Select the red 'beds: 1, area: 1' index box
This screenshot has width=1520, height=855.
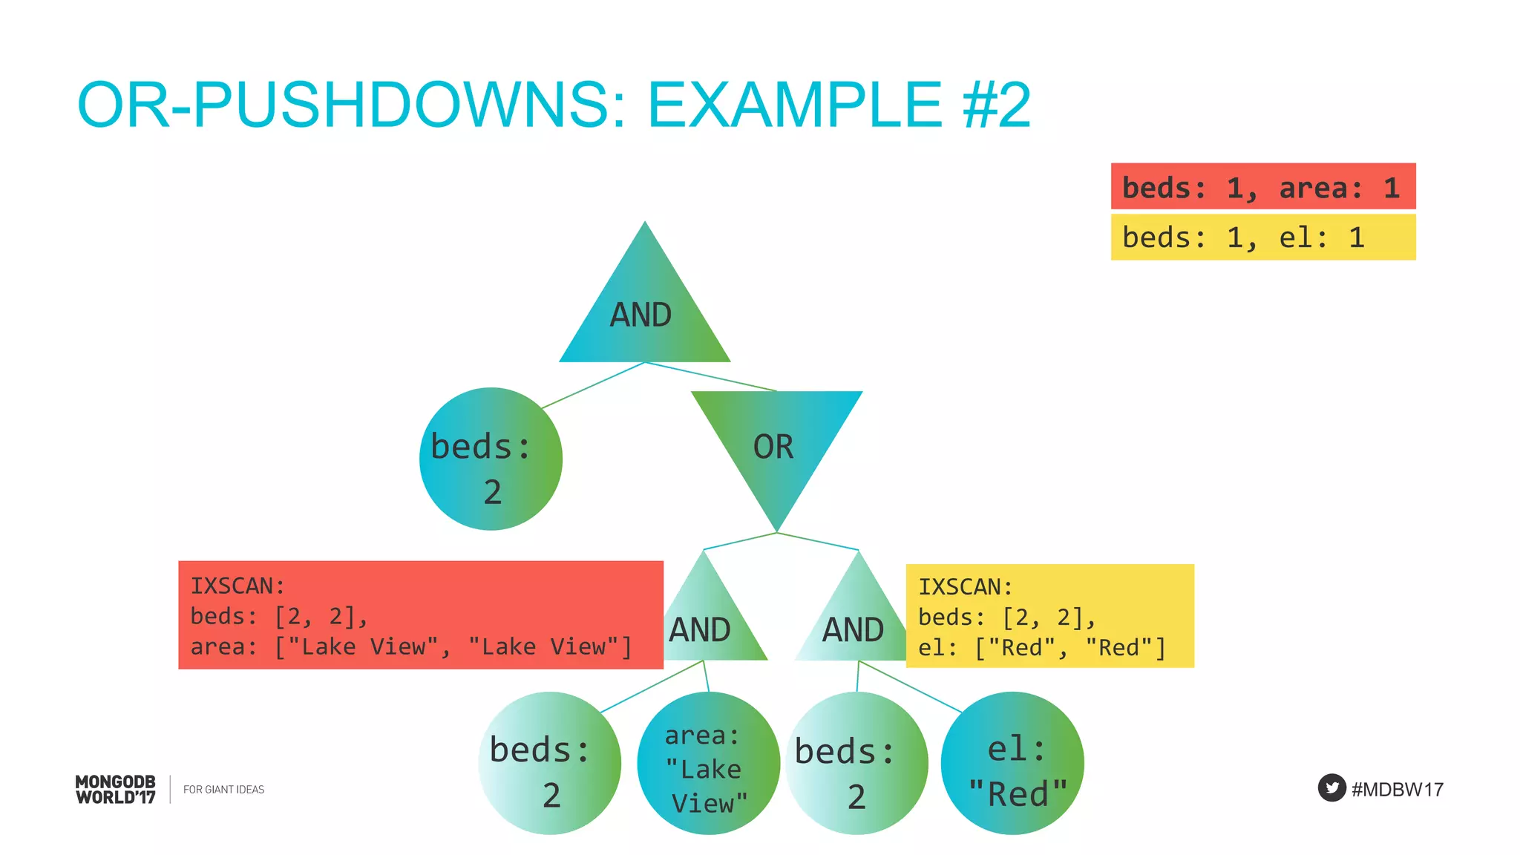tap(1262, 186)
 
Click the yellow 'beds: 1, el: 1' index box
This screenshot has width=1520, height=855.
tap(1262, 237)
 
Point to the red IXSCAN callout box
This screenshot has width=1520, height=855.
tap(420, 615)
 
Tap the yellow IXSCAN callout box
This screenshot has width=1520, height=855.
tap(1049, 616)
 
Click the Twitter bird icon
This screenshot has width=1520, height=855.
tap(1331, 787)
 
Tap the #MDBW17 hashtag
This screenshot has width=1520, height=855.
tap(1398, 789)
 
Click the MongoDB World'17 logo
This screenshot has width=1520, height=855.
tap(116, 789)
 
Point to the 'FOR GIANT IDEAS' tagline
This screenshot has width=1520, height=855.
tap(223, 790)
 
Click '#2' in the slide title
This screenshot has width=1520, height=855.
tap(996, 105)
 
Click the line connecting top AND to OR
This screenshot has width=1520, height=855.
tap(711, 376)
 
